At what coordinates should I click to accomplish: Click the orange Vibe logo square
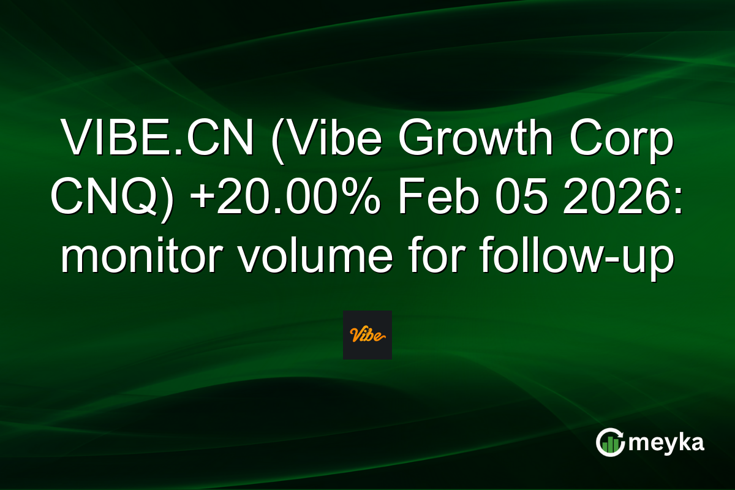coord(367,335)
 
